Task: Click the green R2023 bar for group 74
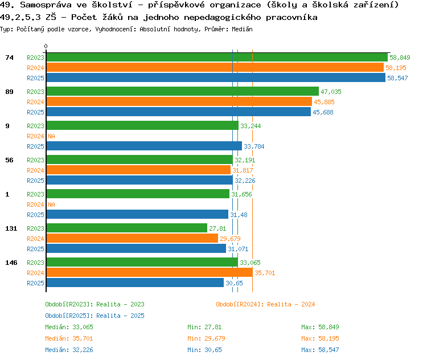[x=217, y=58]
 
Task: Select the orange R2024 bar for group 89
[x=179, y=102]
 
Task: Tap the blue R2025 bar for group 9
[x=144, y=146]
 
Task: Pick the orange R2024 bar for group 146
[x=150, y=272]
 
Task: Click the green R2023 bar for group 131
[x=127, y=228]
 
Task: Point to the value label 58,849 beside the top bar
[x=400, y=58]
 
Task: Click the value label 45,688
[x=323, y=112]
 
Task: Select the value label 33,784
[x=254, y=146]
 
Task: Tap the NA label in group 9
[x=51, y=136]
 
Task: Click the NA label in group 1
[x=51, y=204]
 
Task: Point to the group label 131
[x=11, y=228]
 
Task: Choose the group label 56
[x=9, y=160]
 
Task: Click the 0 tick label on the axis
[x=46, y=46]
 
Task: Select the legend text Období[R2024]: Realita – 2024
[x=265, y=304]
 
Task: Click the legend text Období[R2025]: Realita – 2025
[x=95, y=316]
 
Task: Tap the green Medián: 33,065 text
[x=69, y=327]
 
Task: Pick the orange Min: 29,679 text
[x=206, y=338]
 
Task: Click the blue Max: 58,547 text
[x=320, y=350]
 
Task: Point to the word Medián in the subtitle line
[x=242, y=29]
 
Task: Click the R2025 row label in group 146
[x=35, y=283]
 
